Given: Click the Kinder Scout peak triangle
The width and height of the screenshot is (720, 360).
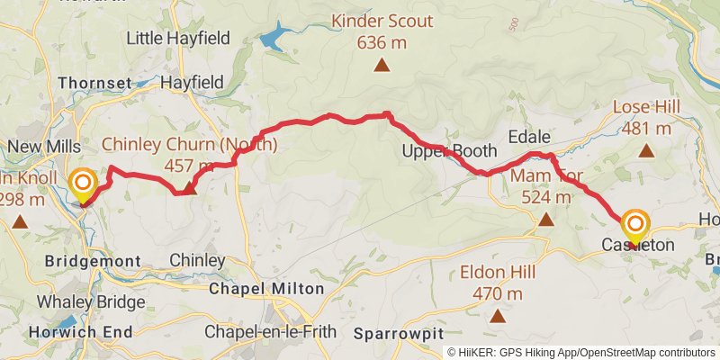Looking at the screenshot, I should point(382,65).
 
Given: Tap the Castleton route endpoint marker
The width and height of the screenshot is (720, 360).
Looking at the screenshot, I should point(635,224).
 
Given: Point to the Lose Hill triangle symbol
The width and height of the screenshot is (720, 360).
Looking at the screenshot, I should point(646,150).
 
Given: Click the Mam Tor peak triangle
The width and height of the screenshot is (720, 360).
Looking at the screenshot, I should point(544,219).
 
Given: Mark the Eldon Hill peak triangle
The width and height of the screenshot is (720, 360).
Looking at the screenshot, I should point(497,315).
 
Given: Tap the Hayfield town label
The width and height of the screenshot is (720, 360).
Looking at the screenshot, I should point(191,82).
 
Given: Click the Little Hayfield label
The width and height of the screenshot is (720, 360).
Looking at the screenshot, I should point(178,38).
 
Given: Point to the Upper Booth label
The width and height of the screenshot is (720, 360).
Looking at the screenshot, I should point(436,150).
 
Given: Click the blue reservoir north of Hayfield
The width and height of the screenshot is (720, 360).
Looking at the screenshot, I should point(273,39).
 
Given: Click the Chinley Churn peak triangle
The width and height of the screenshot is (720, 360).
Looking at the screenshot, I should point(189,189).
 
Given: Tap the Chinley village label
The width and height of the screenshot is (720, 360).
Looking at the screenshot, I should point(197,260).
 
